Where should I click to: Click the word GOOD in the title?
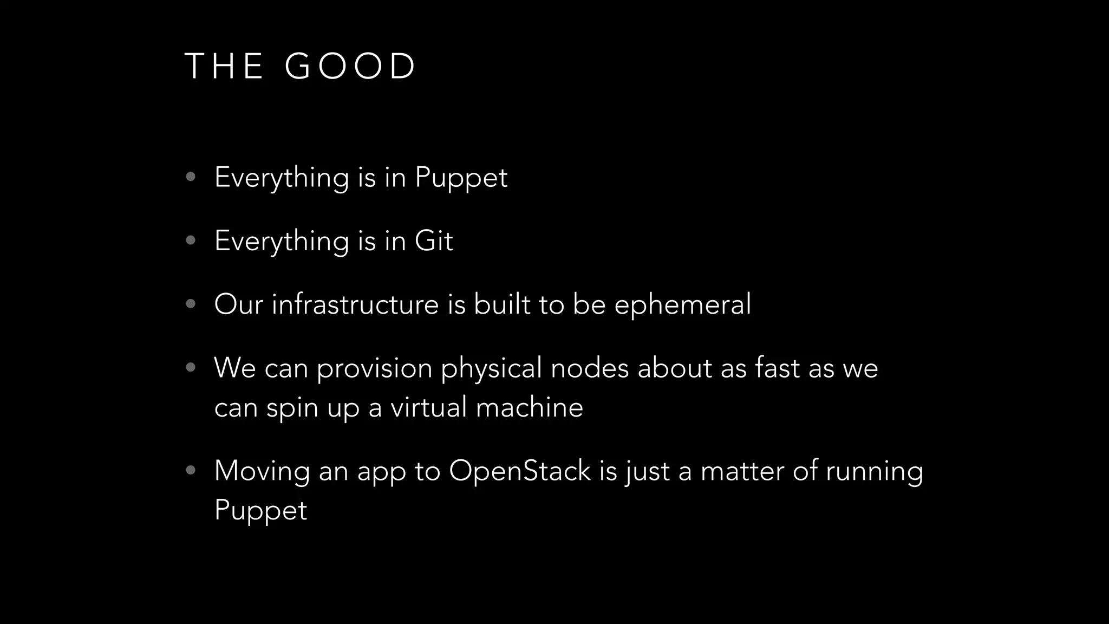(350, 67)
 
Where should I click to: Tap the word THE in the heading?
(224, 67)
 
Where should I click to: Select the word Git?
(434, 240)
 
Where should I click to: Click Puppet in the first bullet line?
(461, 178)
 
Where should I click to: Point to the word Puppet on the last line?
(260, 510)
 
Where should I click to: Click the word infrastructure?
(355, 304)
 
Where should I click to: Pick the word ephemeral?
(682, 304)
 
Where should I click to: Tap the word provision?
(374, 368)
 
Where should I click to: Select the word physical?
(491, 368)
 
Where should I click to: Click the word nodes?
(590, 368)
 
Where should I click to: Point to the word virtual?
(429, 407)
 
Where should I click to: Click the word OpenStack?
(519, 471)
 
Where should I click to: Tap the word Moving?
(262, 471)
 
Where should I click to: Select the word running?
(874, 471)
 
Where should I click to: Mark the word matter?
(742, 470)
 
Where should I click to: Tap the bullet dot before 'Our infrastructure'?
(190, 304)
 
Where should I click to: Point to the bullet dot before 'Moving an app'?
(190, 470)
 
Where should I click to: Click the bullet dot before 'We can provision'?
(190, 368)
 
